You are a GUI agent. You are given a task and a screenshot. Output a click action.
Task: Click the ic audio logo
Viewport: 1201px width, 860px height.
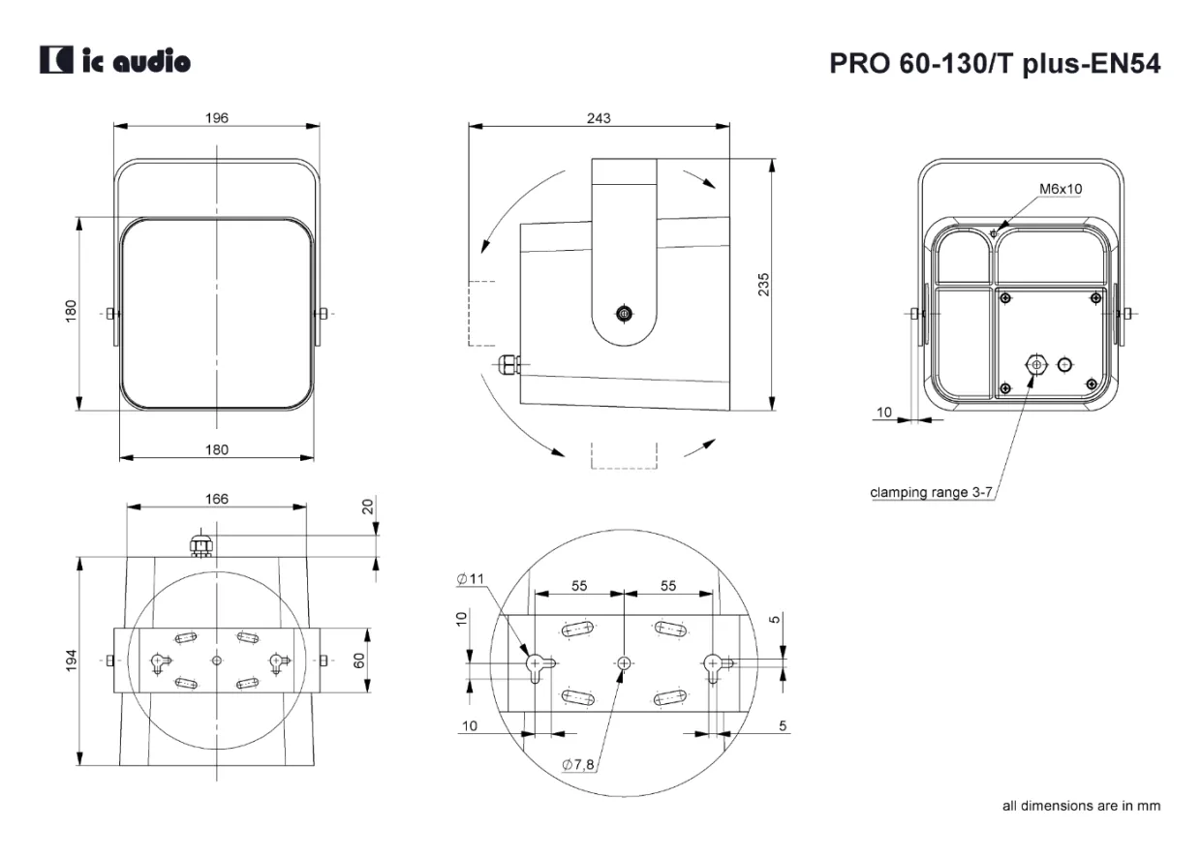click(x=114, y=59)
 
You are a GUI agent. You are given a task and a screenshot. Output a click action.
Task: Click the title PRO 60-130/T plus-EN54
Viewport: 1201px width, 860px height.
click(x=995, y=64)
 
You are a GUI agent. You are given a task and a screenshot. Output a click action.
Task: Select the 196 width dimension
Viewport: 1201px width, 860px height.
click(x=217, y=118)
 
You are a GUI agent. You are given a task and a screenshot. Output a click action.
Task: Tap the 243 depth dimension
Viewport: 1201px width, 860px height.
click(x=599, y=118)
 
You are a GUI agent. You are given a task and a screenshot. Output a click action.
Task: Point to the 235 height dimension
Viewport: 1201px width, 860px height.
click(x=763, y=284)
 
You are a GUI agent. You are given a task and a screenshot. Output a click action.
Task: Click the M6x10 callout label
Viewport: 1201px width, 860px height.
click(x=1061, y=189)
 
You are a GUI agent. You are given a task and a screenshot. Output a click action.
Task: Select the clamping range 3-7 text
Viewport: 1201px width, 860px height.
click(x=931, y=492)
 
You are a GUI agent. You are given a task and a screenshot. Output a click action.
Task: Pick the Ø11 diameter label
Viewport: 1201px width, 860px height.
click(x=470, y=578)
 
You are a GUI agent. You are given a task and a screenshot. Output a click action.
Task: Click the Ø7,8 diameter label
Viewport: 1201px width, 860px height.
click(x=578, y=764)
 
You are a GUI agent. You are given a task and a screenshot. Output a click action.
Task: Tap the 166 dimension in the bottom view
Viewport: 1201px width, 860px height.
click(x=217, y=499)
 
